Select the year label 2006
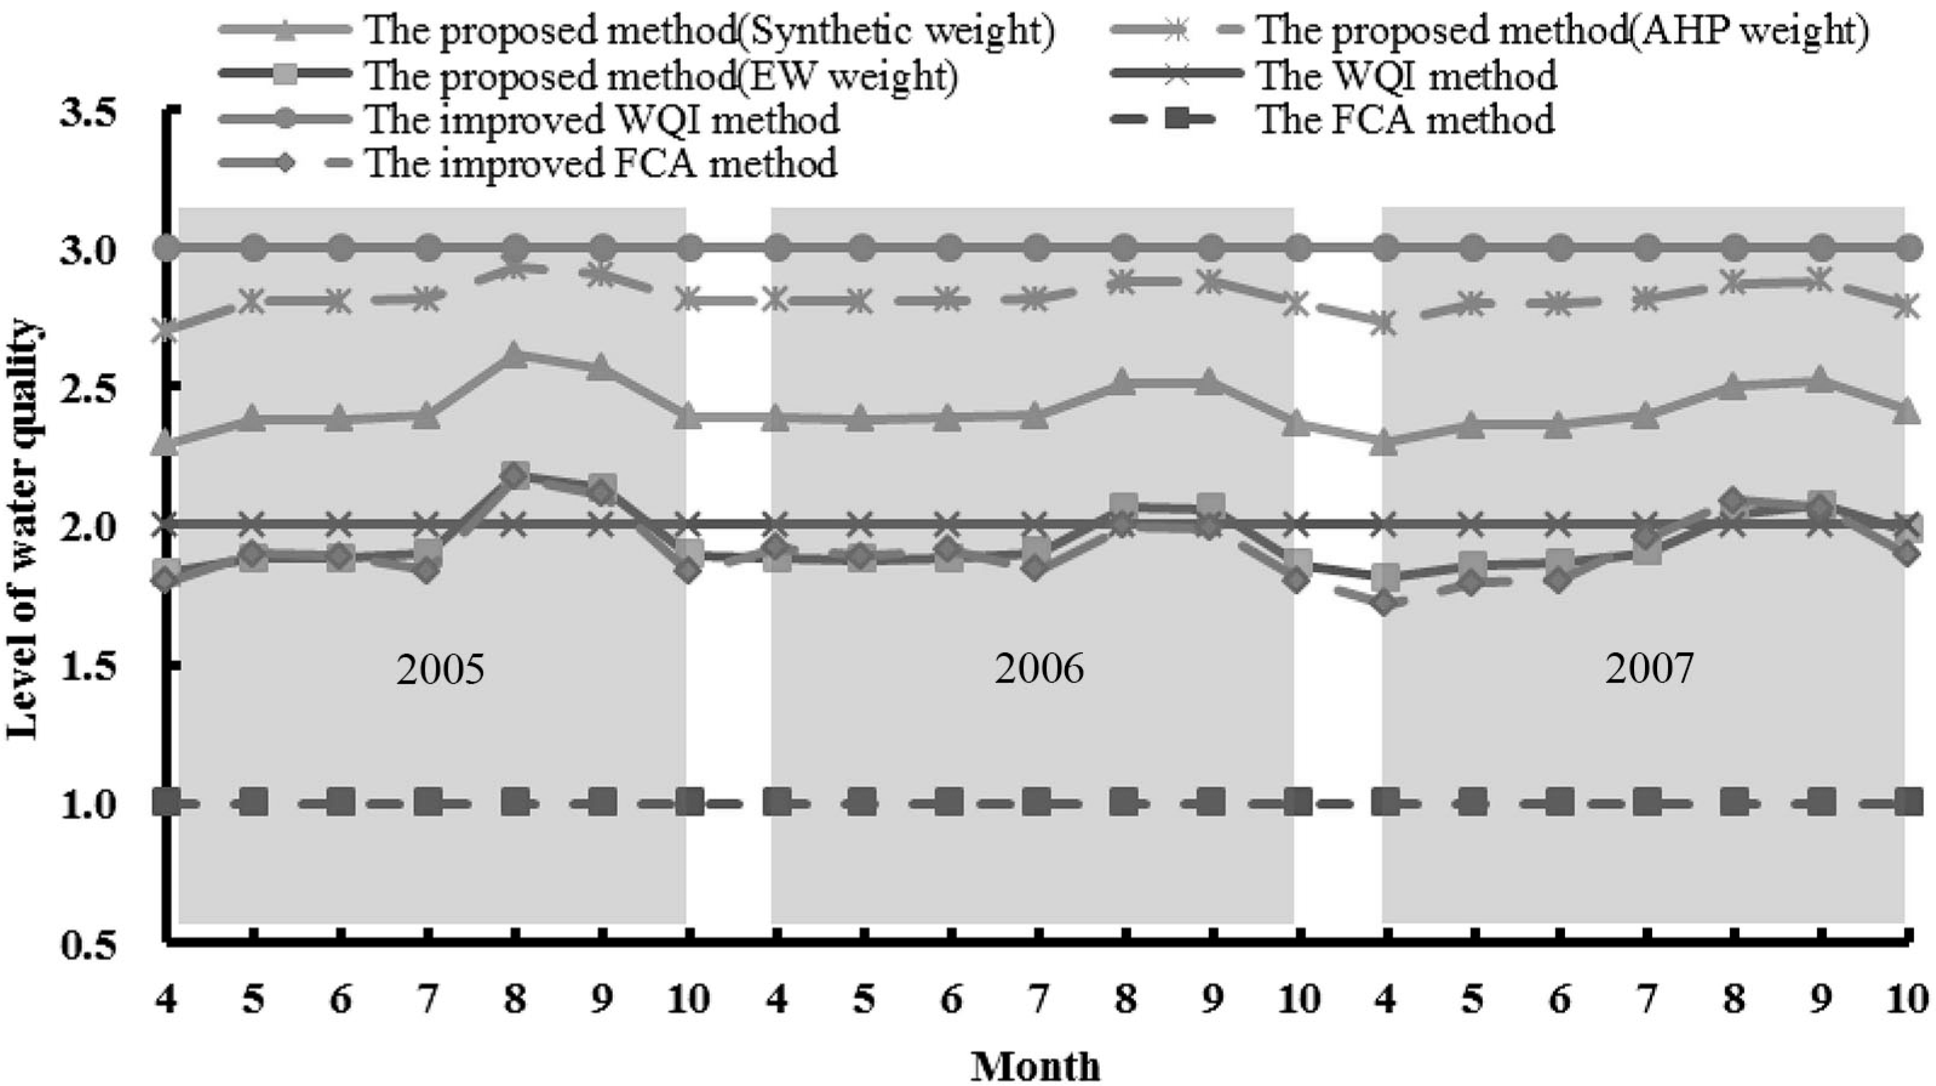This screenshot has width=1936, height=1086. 1039,667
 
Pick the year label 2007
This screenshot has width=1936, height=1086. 1650,667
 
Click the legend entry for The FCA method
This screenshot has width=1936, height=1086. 1405,120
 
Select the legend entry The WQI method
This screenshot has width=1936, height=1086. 1406,75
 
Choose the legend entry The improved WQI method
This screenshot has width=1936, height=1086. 601,120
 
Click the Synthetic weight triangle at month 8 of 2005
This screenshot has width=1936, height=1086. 515,355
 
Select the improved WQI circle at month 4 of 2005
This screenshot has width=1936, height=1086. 168,246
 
